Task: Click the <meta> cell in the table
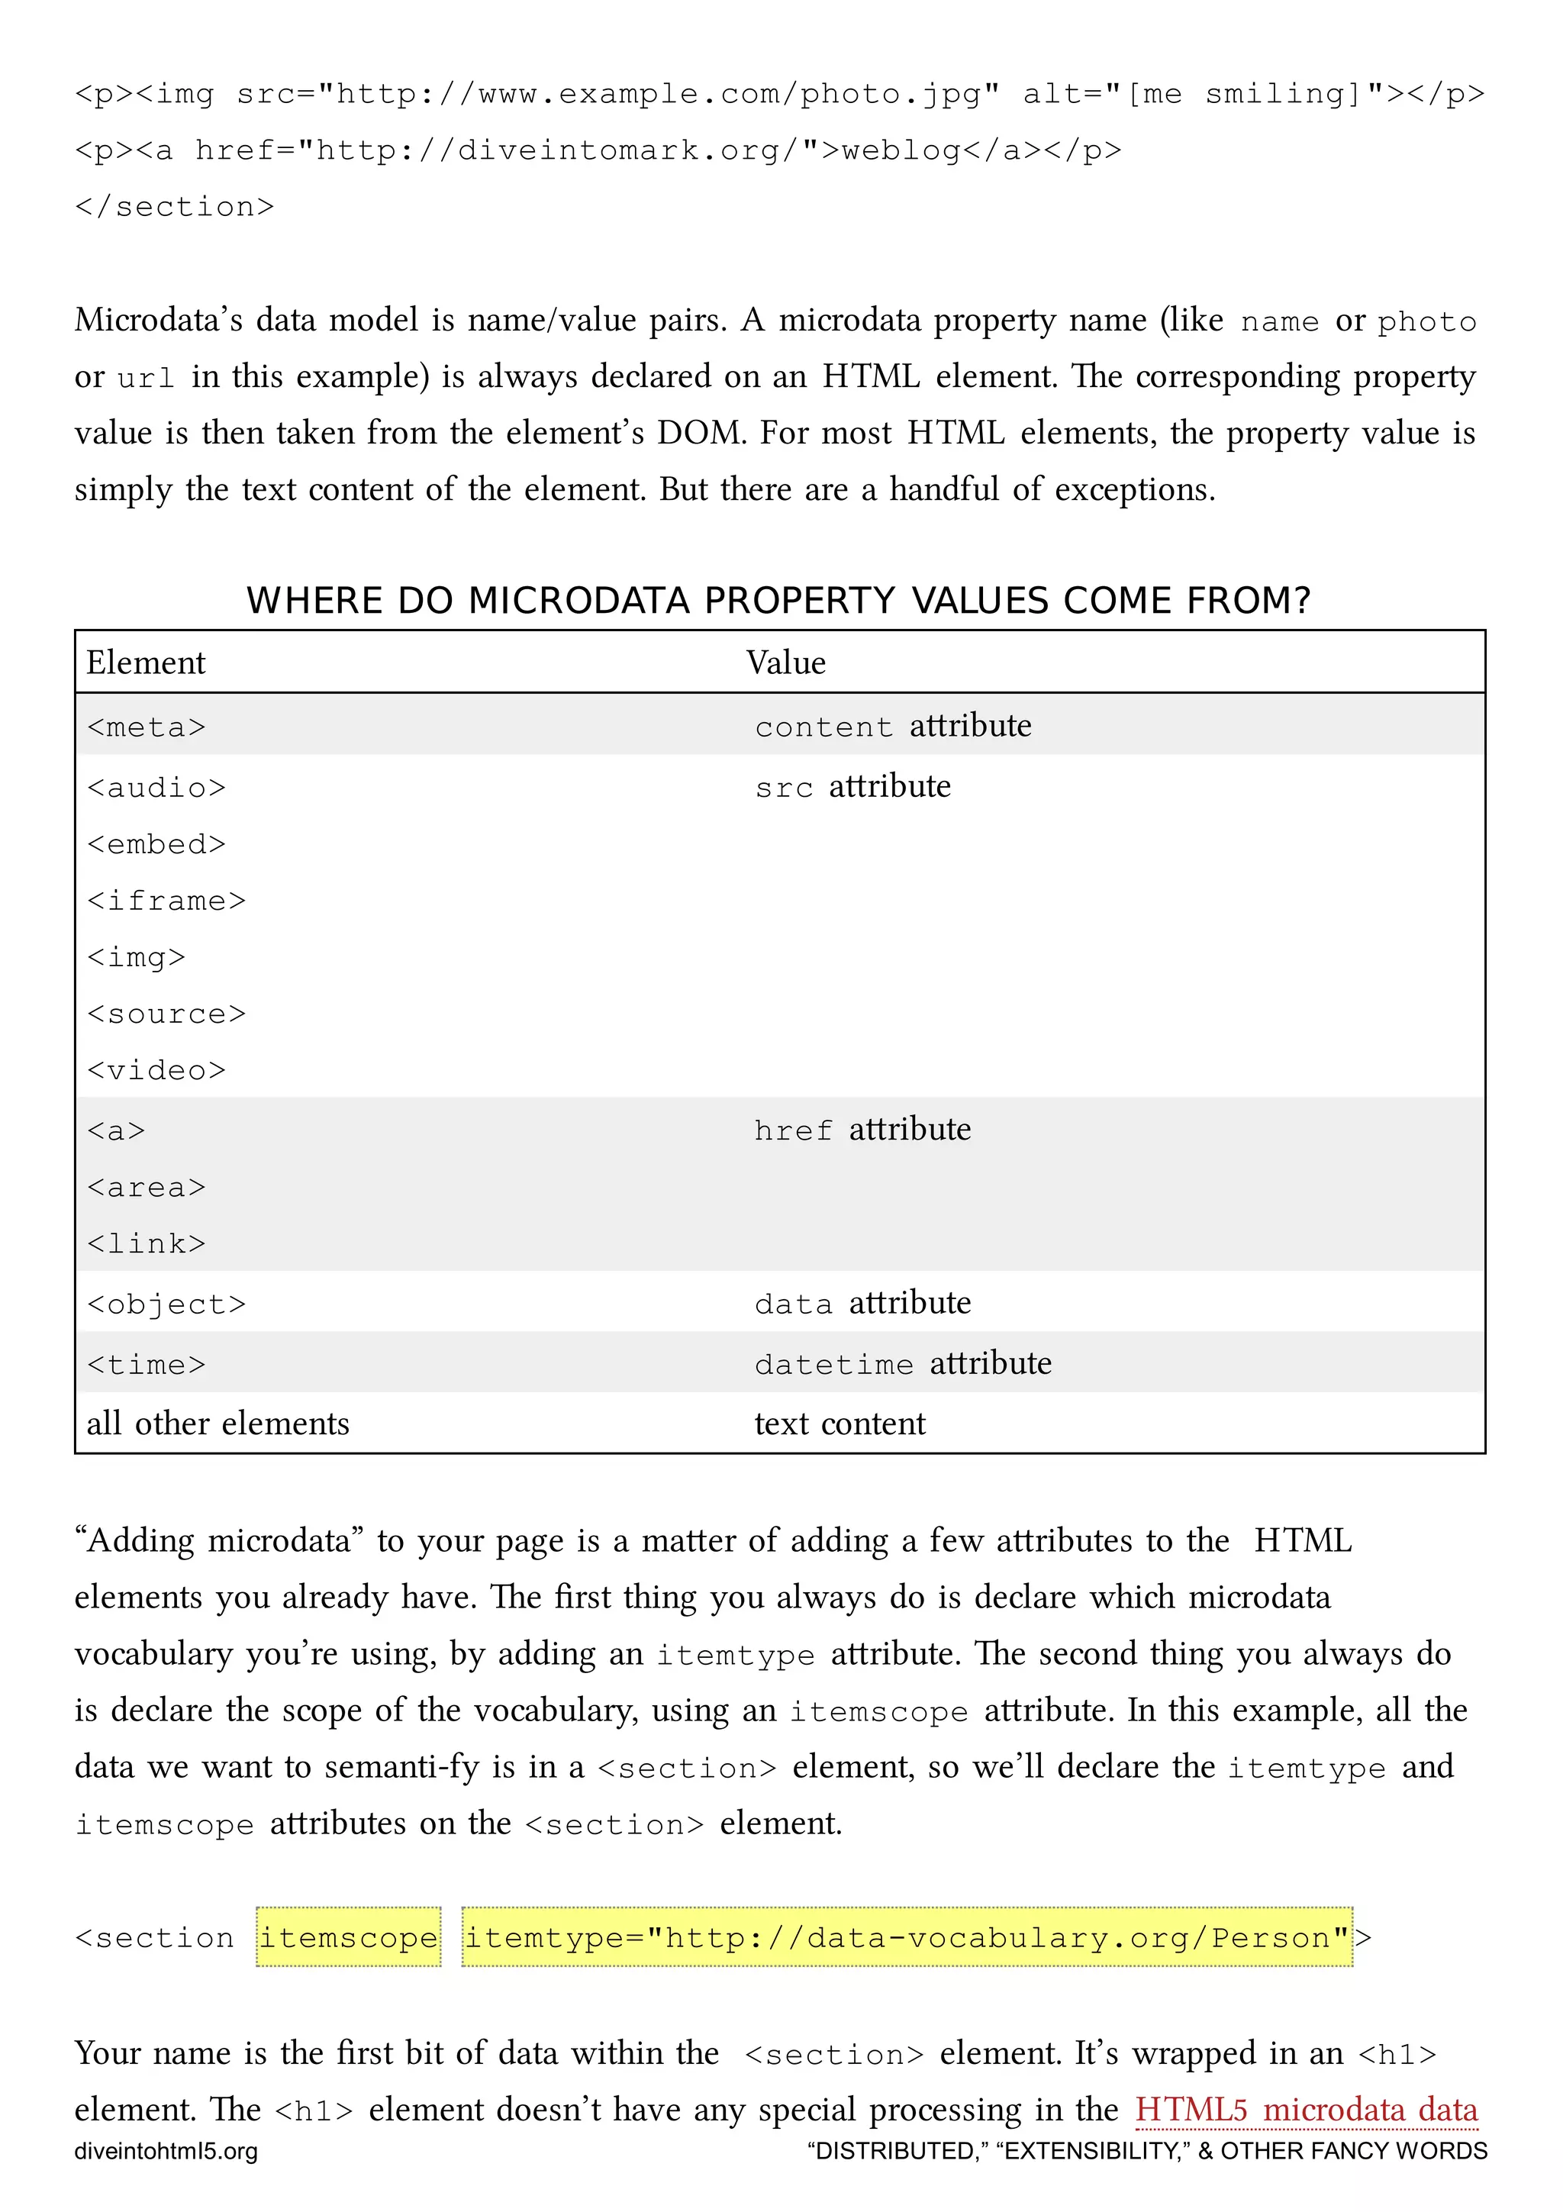point(147,727)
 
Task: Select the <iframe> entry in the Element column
point(166,900)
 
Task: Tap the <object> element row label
point(166,1304)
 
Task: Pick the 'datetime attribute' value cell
point(902,1363)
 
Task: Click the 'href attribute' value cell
point(862,1129)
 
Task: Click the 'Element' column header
point(146,663)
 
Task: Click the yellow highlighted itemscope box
point(349,1936)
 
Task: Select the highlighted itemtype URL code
point(905,1936)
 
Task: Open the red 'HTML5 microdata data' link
point(1305,2109)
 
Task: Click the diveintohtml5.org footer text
point(166,2151)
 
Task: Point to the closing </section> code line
point(174,206)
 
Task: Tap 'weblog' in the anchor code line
point(901,150)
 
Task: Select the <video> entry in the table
point(156,1070)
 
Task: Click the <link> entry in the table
point(147,1243)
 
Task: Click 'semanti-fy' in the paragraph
point(401,1766)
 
